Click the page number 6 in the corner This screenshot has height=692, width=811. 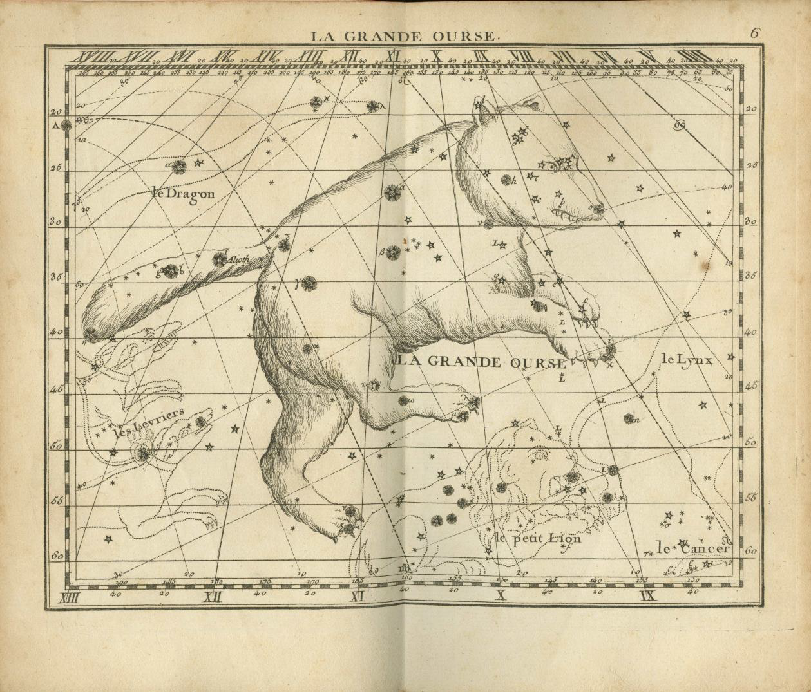(x=755, y=33)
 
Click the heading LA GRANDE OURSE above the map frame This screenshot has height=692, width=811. (x=404, y=36)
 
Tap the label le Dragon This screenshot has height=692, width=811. (x=184, y=192)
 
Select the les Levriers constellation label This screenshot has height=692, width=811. (x=149, y=422)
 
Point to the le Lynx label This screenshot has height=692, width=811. (x=687, y=360)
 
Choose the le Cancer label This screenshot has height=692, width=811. (x=693, y=548)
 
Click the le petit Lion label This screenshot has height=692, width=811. (x=538, y=538)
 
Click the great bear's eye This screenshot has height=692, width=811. (x=553, y=166)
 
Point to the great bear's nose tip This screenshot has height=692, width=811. (x=598, y=208)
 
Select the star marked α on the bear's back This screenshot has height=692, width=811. (x=392, y=192)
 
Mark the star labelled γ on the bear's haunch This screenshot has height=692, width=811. (x=309, y=283)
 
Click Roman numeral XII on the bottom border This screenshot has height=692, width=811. (x=213, y=595)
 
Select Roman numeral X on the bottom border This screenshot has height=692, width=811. (x=499, y=595)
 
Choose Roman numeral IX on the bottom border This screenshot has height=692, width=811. (x=647, y=595)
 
